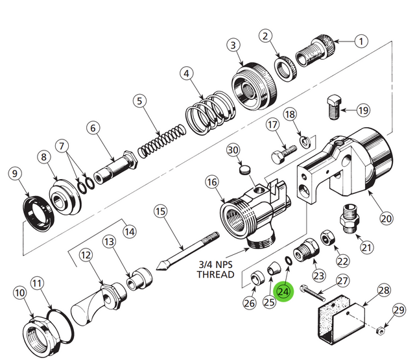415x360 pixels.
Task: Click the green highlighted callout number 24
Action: [283, 292]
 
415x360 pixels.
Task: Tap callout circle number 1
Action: [361, 40]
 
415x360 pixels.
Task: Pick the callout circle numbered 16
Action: [211, 184]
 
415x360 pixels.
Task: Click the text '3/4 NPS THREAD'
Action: [215, 269]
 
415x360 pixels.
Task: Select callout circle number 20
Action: [386, 219]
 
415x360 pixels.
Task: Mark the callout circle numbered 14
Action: [130, 230]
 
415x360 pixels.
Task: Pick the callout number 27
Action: [342, 282]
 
